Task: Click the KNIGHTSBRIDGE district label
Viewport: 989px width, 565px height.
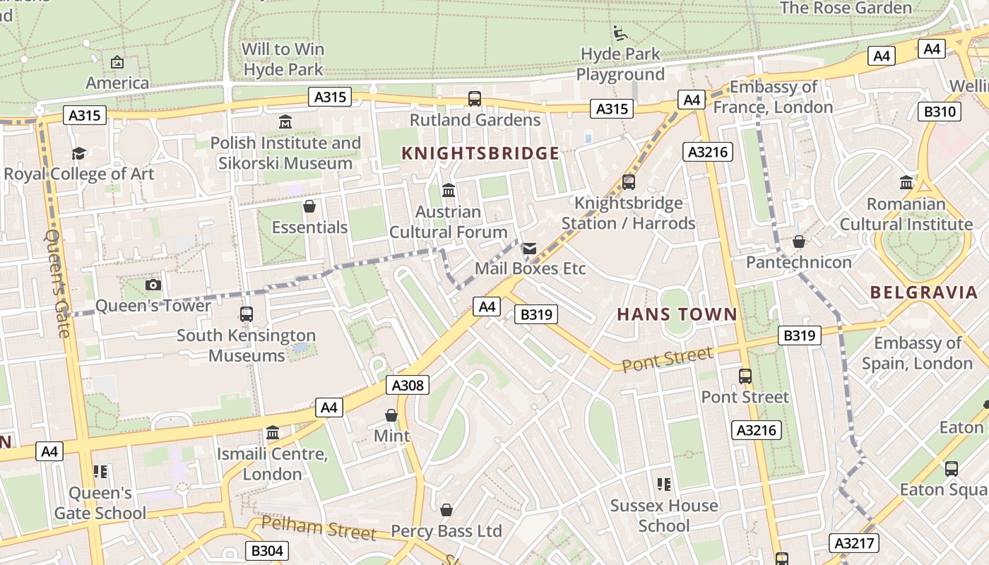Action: [x=480, y=153]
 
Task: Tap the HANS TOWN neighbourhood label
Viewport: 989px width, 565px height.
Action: [x=677, y=314]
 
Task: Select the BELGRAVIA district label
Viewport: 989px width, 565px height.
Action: [x=923, y=292]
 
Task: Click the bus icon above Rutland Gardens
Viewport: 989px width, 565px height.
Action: [x=475, y=99]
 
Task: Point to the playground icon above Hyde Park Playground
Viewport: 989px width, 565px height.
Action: [x=620, y=32]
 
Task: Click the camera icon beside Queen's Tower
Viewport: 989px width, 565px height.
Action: [x=153, y=285]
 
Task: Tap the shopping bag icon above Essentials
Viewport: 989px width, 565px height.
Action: [x=309, y=206]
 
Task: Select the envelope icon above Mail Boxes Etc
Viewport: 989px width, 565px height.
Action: [x=529, y=249]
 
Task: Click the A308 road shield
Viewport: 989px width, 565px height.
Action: [x=408, y=385]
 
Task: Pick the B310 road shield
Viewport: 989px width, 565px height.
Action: [x=940, y=112]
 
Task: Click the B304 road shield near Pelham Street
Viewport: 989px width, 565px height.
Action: [x=266, y=551]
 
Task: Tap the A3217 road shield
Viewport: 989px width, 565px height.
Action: [x=854, y=543]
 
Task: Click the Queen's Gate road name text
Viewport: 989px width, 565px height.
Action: [x=58, y=282]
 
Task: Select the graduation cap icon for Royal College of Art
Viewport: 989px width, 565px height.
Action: [x=78, y=153]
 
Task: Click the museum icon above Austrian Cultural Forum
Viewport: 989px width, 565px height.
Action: [x=448, y=191]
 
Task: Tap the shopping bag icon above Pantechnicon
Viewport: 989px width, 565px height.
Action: [x=798, y=242]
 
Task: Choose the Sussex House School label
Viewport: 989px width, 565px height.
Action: [x=663, y=516]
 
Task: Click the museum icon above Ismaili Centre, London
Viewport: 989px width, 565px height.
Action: [x=273, y=432]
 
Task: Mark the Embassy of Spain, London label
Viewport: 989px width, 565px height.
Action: [x=917, y=353]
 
